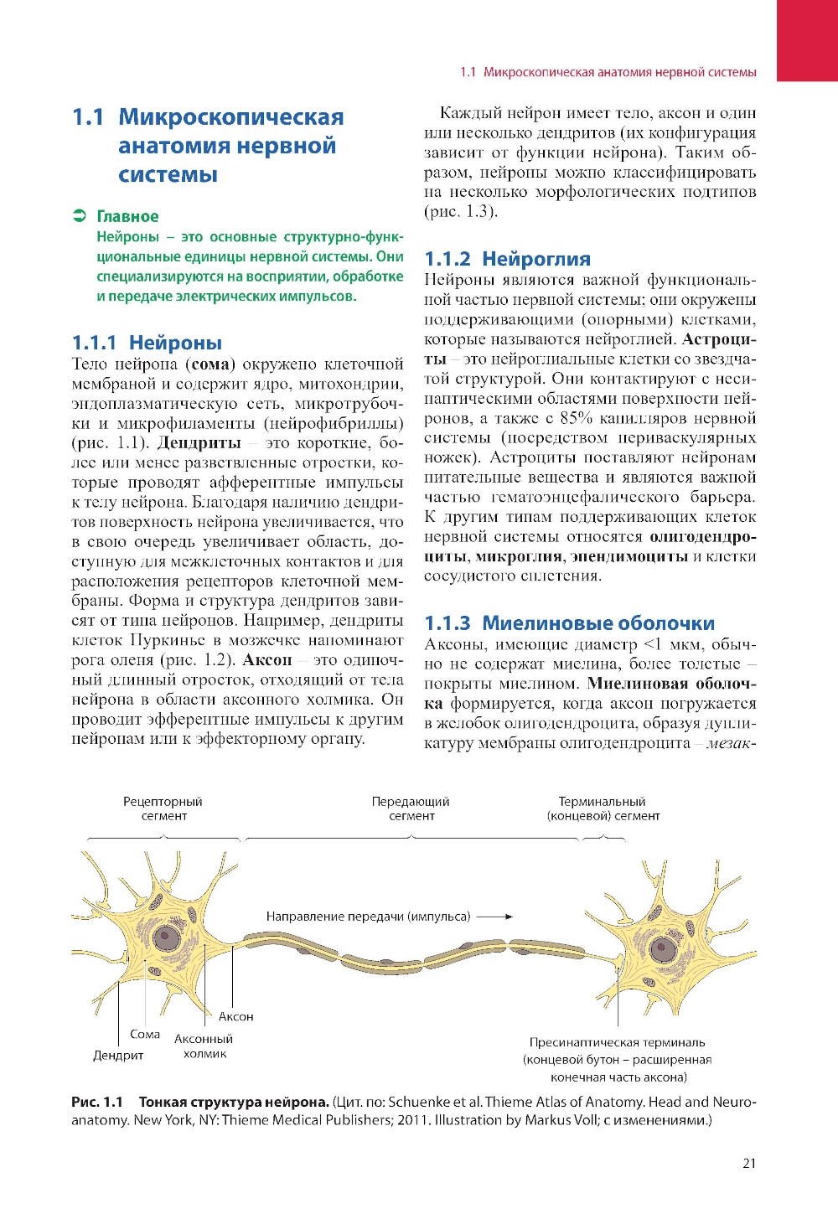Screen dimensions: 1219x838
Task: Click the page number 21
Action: pyautogui.click(x=748, y=1162)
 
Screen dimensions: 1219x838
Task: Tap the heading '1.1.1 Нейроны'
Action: pyautogui.click(x=147, y=343)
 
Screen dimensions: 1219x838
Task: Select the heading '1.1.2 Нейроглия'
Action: pyautogui.click(x=507, y=259)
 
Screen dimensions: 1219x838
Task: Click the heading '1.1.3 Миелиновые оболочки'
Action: pyautogui.click(x=569, y=623)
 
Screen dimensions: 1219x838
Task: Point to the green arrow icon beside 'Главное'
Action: pyautogui.click(x=80, y=216)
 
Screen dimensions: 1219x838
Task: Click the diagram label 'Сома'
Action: pyautogui.click(x=145, y=1035)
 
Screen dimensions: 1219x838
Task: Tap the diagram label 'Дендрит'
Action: pyautogui.click(x=118, y=1056)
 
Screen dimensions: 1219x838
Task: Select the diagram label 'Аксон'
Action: pyautogui.click(x=235, y=1016)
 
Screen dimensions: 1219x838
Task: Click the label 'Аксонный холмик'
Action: pyautogui.click(x=204, y=1046)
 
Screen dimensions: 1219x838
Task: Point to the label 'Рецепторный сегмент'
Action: pyautogui.click(x=163, y=808)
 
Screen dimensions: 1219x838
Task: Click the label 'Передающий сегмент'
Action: pyautogui.click(x=411, y=808)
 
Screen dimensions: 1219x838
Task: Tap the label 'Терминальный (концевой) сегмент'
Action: pyautogui.click(x=603, y=808)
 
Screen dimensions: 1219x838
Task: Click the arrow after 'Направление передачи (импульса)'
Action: pyautogui.click(x=495, y=917)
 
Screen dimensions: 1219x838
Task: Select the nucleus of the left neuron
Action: pyautogui.click(x=167, y=938)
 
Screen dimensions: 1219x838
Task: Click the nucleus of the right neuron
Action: pyautogui.click(x=665, y=950)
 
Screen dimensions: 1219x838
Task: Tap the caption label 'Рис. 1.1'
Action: pyautogui.click(x=97, y=1102)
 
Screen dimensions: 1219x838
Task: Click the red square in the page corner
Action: pyautogui.click(x=807, y=40)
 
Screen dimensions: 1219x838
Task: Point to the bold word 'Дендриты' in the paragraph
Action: pyautogui.click(x=199, y=443)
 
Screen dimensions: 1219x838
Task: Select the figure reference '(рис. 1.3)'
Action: pyautogui.click(x=461, y=212)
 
